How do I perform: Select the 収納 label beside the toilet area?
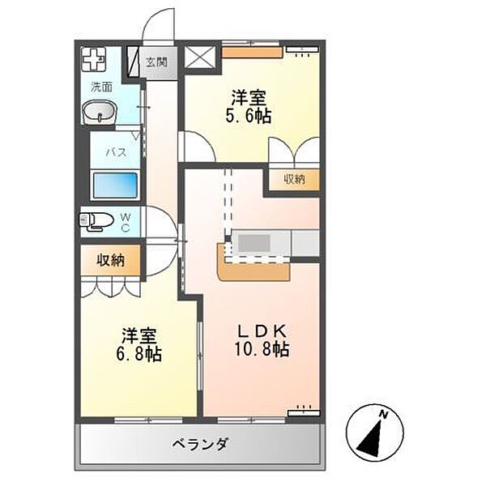point(111,260)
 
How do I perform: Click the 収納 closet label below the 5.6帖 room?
point(293,180)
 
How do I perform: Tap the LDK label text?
point(259,331)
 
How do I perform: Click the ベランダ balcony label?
point(199,444)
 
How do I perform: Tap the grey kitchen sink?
point(258,242)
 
